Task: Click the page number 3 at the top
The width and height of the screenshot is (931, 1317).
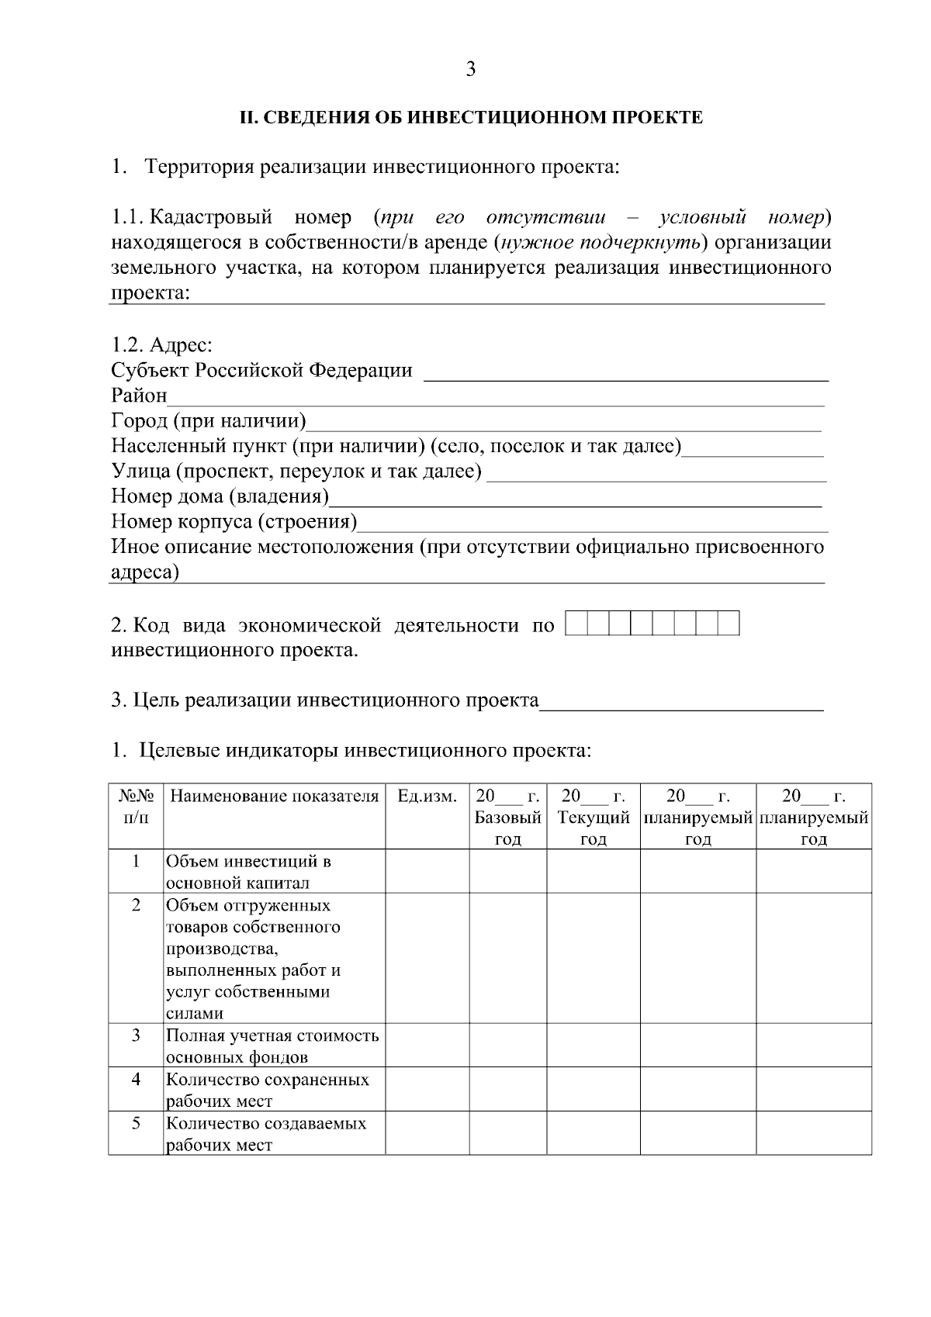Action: tap(470, 70)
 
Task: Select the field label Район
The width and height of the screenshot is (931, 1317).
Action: tap(139, 396)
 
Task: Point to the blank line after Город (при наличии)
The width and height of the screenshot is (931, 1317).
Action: tap(564, 423)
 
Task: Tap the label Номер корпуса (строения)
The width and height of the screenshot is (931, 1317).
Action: tap(234, 522)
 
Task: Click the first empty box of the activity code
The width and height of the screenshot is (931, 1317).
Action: tap(576, 624)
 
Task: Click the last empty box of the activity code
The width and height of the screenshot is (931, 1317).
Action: tap(728, 624)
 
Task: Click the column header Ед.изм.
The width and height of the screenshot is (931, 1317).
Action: tap(427, 797)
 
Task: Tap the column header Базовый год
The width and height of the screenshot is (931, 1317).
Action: tap(507, 818)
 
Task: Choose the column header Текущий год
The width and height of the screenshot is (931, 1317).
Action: tap(593, 818)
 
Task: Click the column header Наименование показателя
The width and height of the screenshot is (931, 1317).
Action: tap(274, 797)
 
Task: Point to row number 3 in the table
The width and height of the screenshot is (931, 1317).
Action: tap(136, 1035)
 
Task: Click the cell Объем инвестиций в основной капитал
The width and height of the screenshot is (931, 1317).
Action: tap(248, 872)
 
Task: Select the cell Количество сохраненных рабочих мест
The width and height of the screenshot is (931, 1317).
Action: tap(266, 1090)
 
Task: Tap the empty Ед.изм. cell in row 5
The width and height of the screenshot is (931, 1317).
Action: tap(427, 1134)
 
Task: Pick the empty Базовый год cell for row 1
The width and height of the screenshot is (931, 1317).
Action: tap(507, 872)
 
